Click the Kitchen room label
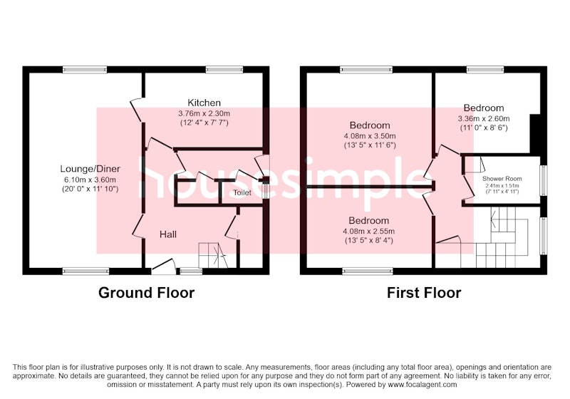click(204, 103)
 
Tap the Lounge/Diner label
click(90, 169)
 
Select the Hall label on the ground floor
click(168, 234)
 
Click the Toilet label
click(242, 192)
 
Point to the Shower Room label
click(502, 178)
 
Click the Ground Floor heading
click(147, 293)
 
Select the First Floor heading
click(424, 293)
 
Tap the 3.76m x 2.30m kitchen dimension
click(204, 114)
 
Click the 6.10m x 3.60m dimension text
click(90, 180)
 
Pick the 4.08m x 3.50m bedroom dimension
click(370, 136)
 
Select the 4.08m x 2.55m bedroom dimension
click(368, 231)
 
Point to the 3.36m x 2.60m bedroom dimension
click(484, 119)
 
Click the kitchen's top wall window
click(224, 69)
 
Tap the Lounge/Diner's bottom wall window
click(85, 271)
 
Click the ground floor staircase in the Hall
click(213, 256)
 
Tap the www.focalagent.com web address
click(423, 385)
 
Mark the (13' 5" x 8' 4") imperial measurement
click(368, 241)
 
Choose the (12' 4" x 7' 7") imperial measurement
click(204, 123)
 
